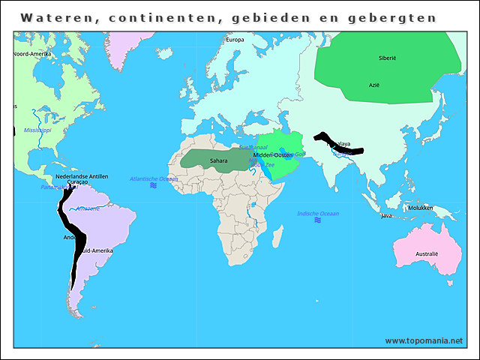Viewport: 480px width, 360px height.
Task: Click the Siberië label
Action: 386,58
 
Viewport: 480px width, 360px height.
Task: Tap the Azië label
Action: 373,85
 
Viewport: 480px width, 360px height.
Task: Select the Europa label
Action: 235,40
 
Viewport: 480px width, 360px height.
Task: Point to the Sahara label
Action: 218,160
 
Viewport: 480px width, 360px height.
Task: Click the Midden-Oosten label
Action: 272,154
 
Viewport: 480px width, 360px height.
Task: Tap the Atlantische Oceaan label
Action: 154,178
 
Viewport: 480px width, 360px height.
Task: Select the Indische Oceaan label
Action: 318,214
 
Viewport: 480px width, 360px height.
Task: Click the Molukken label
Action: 420,208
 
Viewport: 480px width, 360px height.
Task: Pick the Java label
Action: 386,216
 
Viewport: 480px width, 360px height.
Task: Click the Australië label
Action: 426,253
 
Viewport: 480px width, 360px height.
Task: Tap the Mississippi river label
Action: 37,130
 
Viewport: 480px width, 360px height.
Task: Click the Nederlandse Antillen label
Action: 82,176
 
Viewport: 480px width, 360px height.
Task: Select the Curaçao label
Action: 78,182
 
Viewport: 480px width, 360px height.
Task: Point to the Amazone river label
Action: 88,208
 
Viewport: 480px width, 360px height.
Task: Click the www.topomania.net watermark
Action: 424,341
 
